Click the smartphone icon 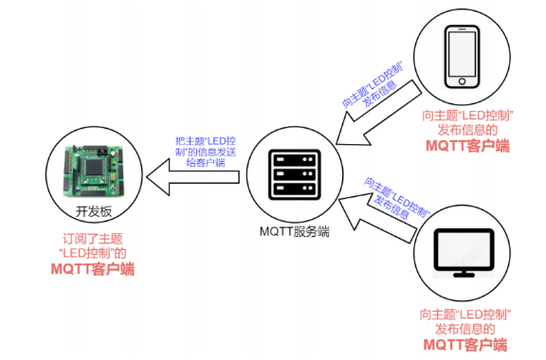(462, 57)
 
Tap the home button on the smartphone (462, 81)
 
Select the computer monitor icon (464, 253)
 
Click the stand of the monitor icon (464, 274)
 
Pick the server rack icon (295, 174)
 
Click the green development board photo (93, 171)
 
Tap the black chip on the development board (93, 167)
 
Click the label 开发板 (94, 211)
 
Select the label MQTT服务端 (295, 231)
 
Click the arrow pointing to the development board (193, 177)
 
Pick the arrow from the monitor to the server (376, 217)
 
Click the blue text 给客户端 (206, 163)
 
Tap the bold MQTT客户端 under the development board (93, 269)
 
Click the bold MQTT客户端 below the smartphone (467, 146)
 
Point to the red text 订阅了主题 (93, 239)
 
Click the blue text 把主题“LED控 (206, 141)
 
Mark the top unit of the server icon (295, 159)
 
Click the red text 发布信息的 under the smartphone (467, 130)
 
